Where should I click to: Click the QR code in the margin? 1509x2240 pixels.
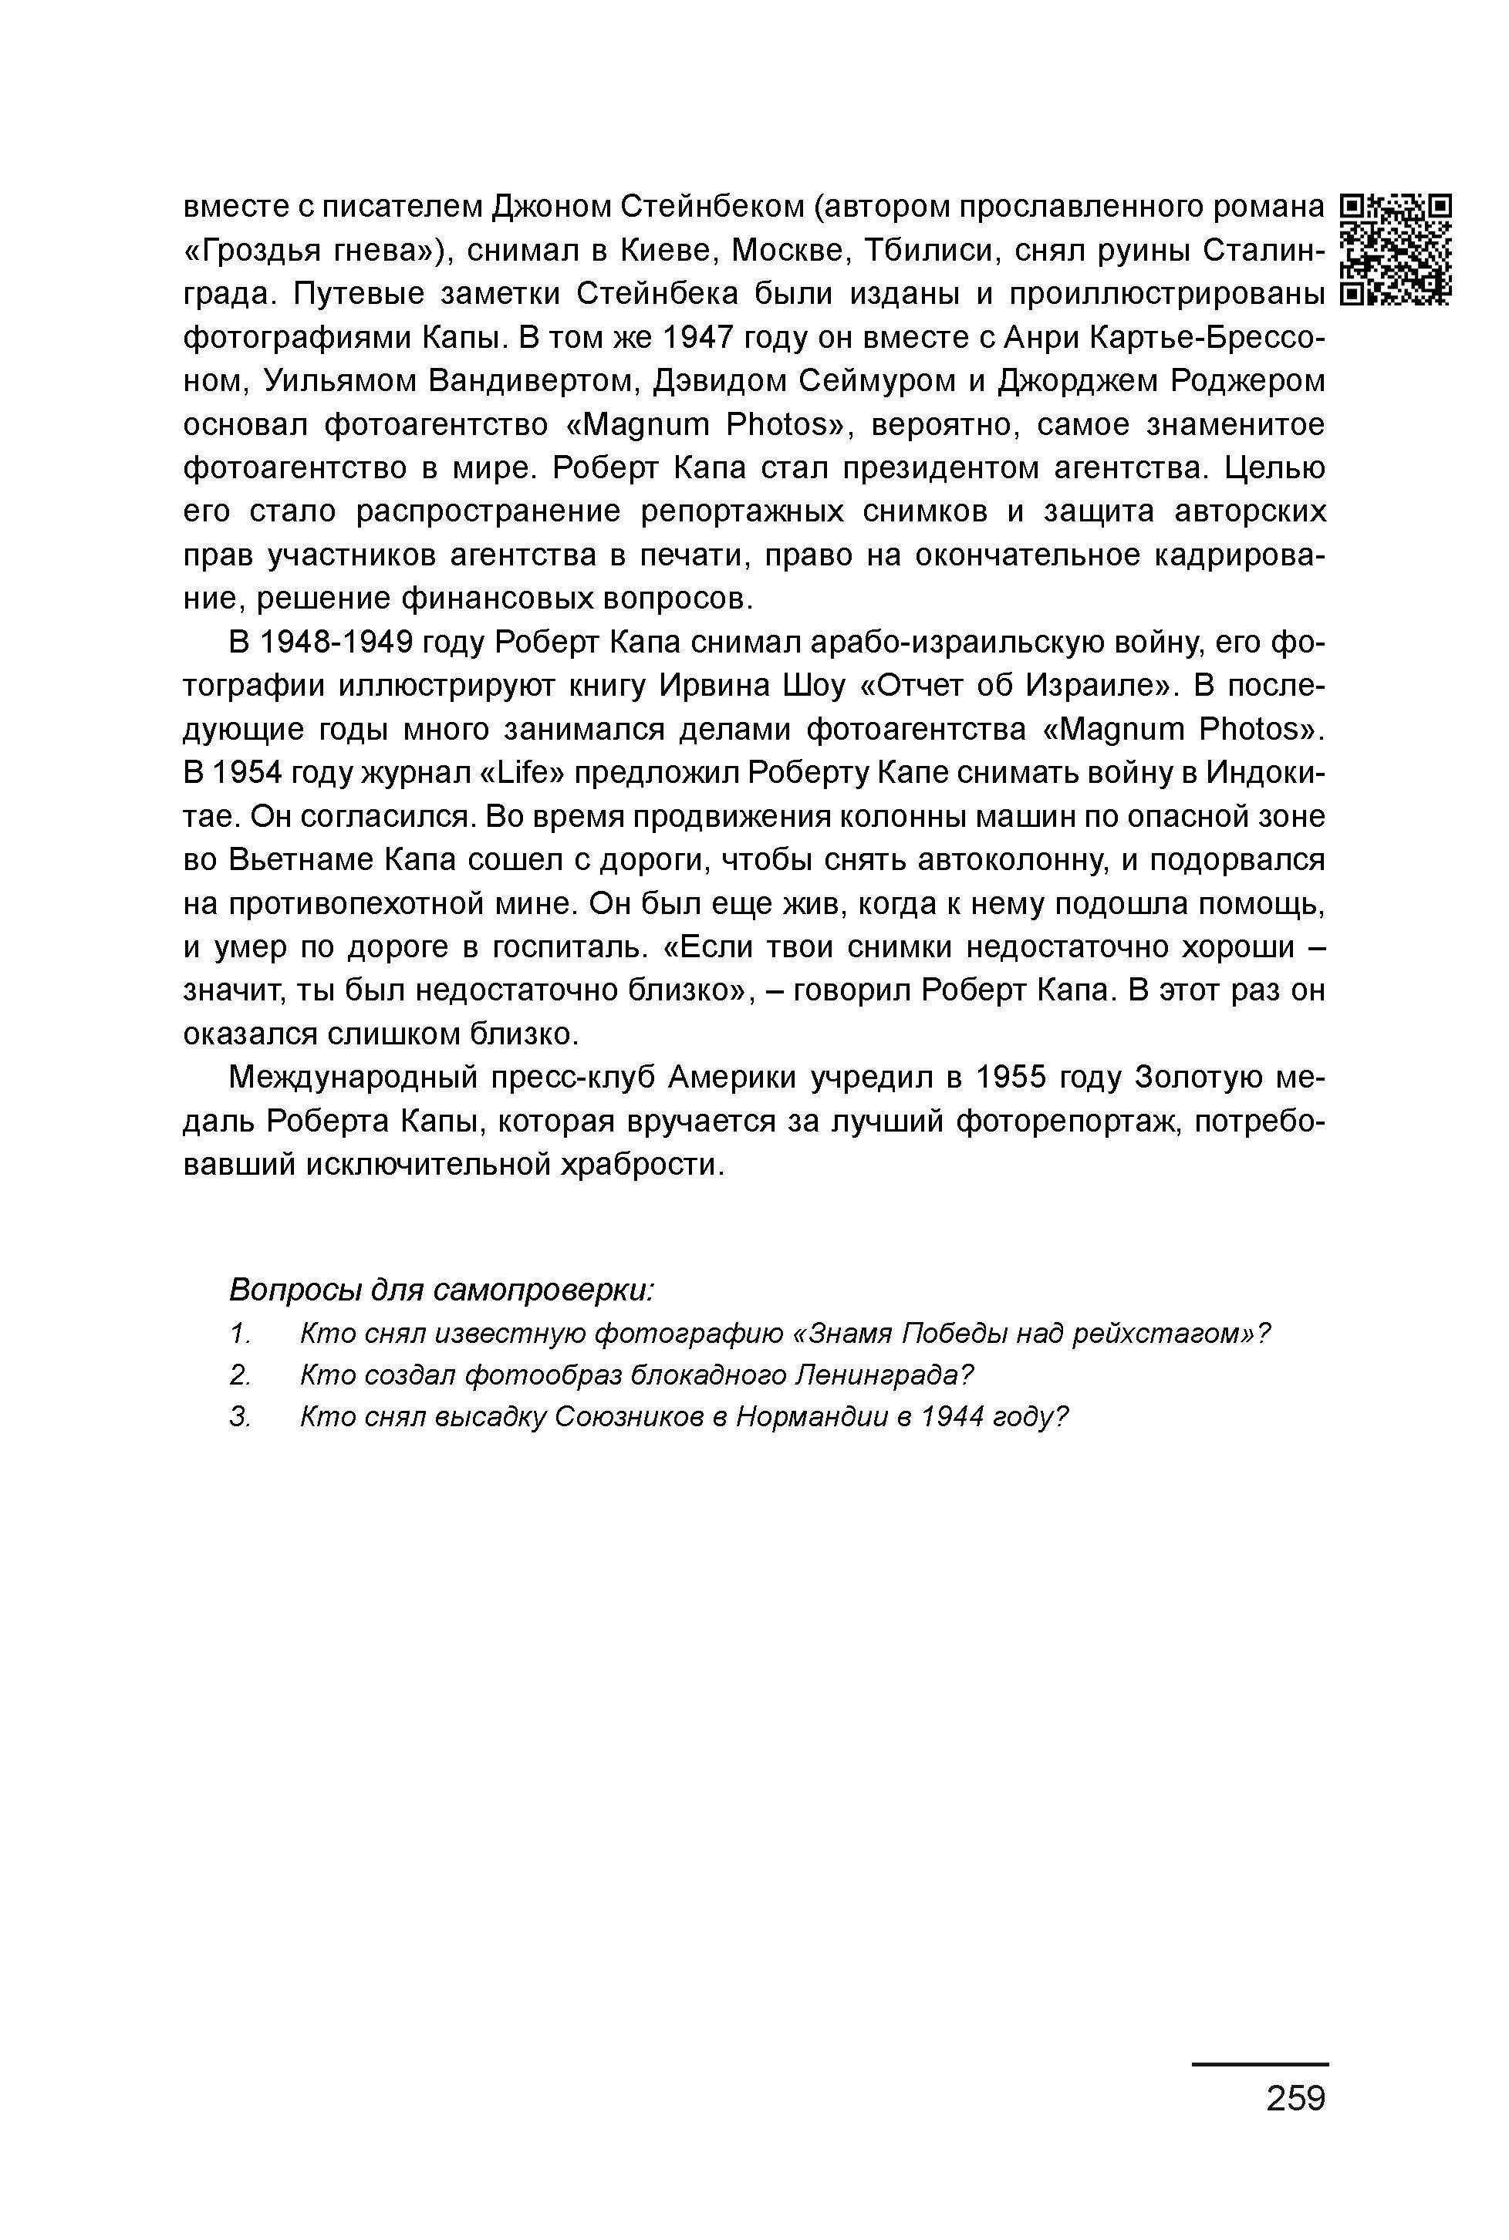click(x=1396, y=249)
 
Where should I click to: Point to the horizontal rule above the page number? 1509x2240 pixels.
click(x=1260, y=2064)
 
